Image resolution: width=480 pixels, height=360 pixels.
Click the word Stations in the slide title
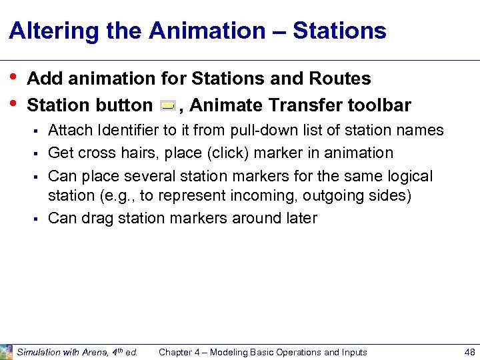coord(339,31)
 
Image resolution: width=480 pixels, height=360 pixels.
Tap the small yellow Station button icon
coord(168,106)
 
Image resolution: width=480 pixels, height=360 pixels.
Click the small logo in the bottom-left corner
coord(6,351)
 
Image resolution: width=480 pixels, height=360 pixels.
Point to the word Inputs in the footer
coord(351,352)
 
